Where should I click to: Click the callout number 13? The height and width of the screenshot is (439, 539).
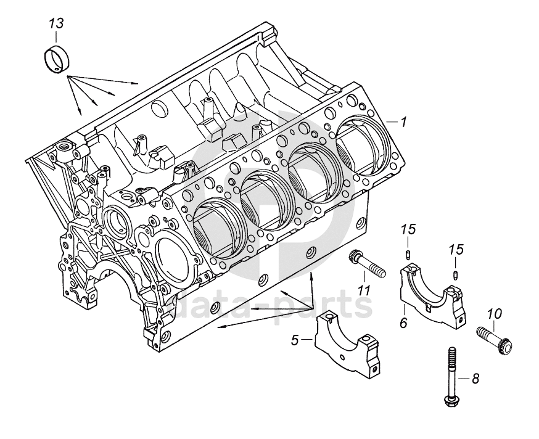[56, 24]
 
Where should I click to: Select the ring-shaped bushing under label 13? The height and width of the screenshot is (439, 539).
[57, 59]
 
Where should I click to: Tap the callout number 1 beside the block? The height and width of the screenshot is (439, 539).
[403, 121]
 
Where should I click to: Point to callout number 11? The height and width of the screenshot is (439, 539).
[364, 290]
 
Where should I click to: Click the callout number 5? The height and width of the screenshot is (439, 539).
[295, 340]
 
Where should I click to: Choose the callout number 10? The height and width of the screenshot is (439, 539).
[494, 313]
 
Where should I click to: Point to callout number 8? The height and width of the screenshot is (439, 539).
[475, 379]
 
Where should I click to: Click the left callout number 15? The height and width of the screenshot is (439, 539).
[408, 229]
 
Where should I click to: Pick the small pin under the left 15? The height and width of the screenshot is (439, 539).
[408, 255]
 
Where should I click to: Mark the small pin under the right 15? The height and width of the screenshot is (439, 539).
[456, 275]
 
